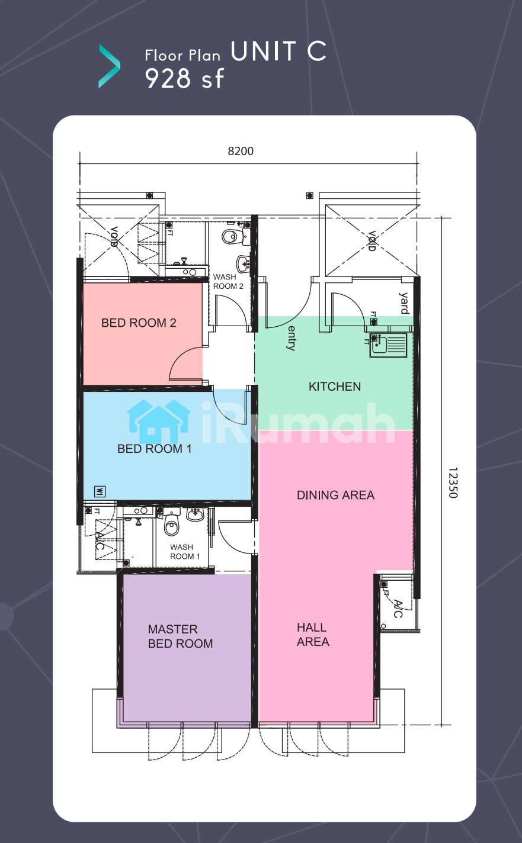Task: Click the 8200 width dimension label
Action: tap(241, 152)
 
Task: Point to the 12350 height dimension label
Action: tap(453, 483)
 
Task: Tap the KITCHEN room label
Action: tap(335, 387)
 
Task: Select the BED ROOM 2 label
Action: tap(139, 323)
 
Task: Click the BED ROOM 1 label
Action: tap(155, 449)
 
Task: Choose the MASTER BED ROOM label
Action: tap(180, 636)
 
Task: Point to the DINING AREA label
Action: tap(335, 495)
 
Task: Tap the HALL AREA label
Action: tap(313, 635)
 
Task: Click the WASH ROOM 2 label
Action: tap(228, 282)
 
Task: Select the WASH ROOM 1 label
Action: tap(185, 552)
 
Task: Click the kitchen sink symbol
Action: tap(388, 345)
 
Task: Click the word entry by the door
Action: tap(292, 339)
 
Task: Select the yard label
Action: tap(404, 303)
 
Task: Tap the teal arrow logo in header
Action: tap(109, 66)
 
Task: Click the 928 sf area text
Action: tap(184, 79)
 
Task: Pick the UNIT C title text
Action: tap(278, 51)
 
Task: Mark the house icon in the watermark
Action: tap(159, 421)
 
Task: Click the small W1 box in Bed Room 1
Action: tap(100, 491)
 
